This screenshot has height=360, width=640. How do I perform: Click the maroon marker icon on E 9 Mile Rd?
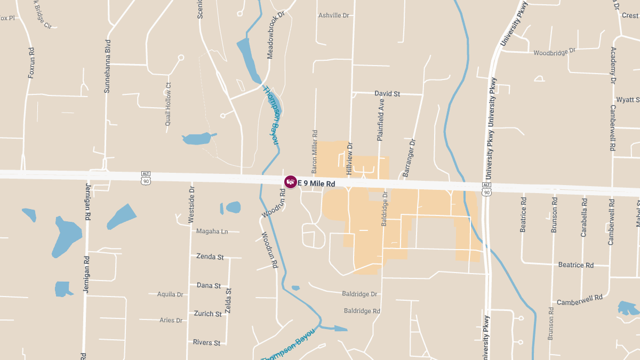[x=291, y=182]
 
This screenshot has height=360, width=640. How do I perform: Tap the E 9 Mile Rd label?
[x=316, y=183]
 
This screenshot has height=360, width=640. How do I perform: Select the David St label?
[x=387, y=93]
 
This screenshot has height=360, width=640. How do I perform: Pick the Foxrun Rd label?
[x=31, y=63]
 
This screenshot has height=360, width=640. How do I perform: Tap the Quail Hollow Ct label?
[x=169, y=104]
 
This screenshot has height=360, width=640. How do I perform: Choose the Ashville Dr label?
[x=333, y=15]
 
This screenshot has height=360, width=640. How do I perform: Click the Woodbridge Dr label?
[x=555, y=52]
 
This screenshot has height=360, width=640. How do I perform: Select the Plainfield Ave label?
[x=381, y=119]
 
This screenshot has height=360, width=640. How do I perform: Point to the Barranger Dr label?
[x=409, y=158]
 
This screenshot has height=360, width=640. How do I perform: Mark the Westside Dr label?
[x=192, y=205]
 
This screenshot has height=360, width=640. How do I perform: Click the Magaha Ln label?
[x=212, y=231]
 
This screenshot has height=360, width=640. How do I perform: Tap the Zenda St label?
[x=210, y=257]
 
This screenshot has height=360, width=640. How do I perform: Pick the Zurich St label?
[x=208, y=314]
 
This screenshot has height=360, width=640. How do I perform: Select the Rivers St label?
[x=206, y=342]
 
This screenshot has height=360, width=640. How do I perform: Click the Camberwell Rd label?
[x=579, y=300]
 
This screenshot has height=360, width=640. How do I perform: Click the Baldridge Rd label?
[x=362, y=310]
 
